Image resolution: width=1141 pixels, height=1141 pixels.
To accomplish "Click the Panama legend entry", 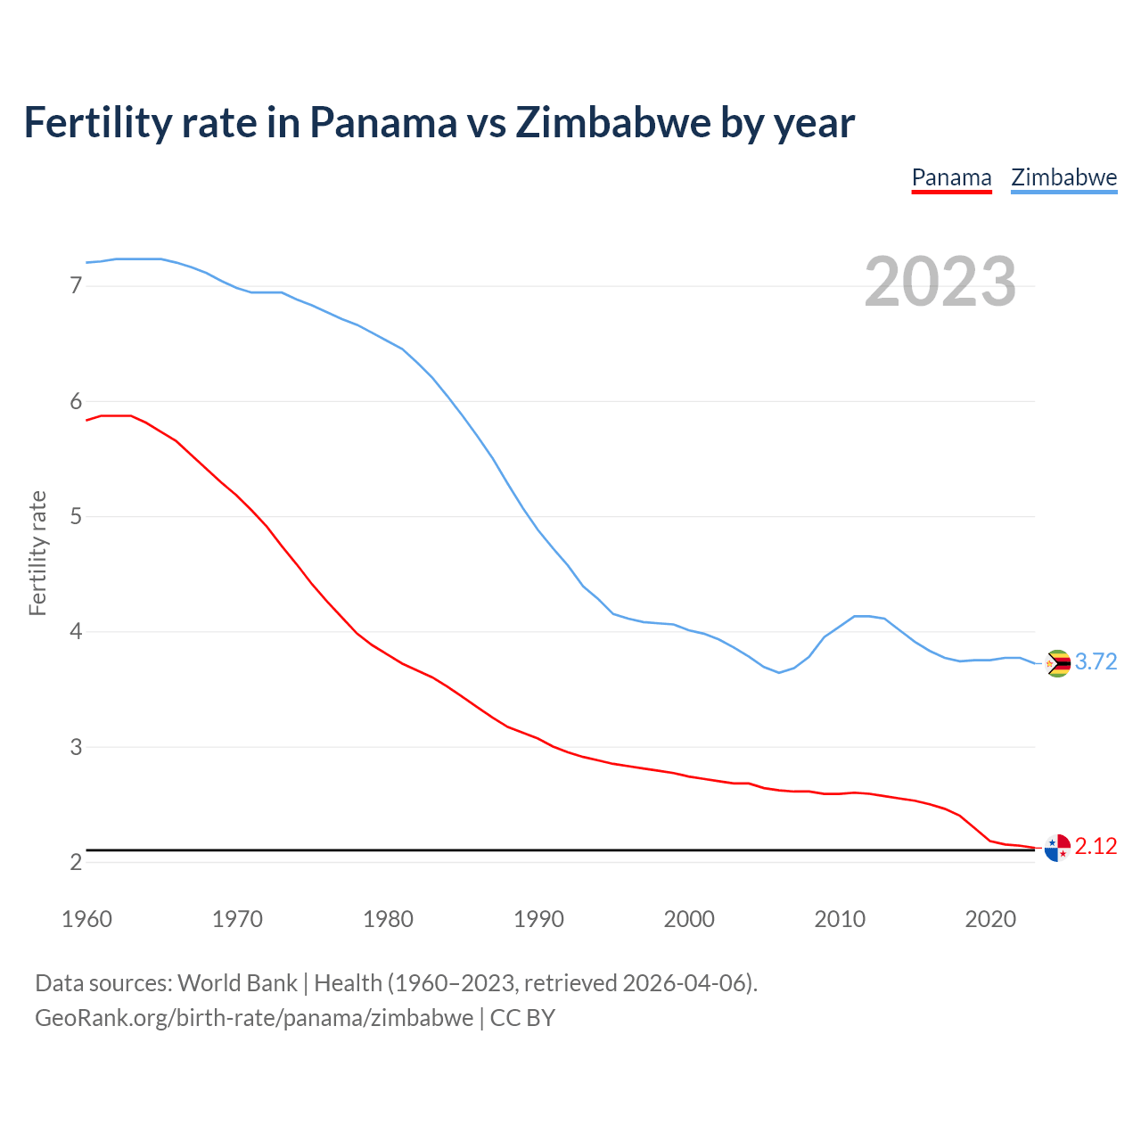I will (951, 177).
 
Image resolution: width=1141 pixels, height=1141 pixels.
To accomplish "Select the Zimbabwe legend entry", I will (1063, 177).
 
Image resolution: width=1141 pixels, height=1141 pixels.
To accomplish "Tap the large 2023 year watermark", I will (940, 282).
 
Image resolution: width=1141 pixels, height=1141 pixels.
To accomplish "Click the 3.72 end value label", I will (1096, 661).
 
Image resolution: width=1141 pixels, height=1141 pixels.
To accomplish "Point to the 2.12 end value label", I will (1096, 846).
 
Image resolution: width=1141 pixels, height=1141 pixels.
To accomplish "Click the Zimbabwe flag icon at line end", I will (1057, 663).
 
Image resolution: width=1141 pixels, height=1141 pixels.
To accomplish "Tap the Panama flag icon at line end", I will (1057, 848).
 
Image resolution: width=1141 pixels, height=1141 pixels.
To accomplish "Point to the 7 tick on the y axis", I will (76, 286).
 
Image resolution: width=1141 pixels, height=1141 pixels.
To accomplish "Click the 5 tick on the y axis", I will (76, 516).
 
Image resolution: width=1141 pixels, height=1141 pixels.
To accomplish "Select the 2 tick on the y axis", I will (76, 862).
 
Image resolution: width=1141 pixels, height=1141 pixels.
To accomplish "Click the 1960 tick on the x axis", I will (86, 919).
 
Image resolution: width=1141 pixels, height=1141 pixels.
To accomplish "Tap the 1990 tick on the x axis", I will (538, 919).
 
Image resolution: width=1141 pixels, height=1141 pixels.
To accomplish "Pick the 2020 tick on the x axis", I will (990, 919).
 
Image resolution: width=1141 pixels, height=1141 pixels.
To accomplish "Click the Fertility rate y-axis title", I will (37, 553).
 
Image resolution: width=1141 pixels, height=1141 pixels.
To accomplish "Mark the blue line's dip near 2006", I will (779, 672).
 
